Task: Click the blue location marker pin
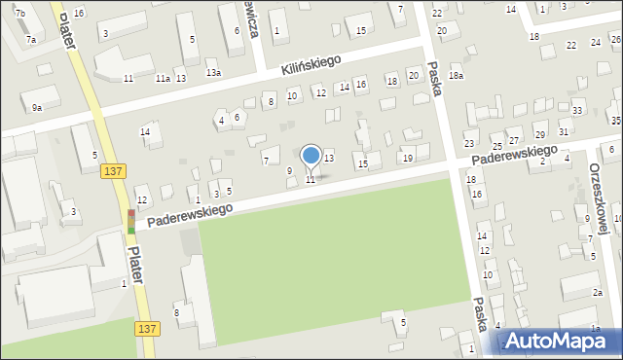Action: [x=311, y=156]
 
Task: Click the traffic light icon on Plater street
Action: [x=131, y=221]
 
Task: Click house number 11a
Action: [x=163, y=78]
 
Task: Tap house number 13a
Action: [x=213, y=72]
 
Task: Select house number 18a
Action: [x=456, y=75]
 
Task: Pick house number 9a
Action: [x=37, y=107]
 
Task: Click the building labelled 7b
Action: [x=19, y=12]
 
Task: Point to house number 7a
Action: [x=31, y=39]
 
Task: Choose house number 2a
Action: [x=598, y=292]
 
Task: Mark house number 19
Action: [x=408, y=158]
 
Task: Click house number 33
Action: [x=577, y=111]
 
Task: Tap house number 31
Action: [x=564, y=131]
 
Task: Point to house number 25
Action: [x=497, y=144]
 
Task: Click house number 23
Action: [x=470, y=144]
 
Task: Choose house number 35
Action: [x=616, y=120]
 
